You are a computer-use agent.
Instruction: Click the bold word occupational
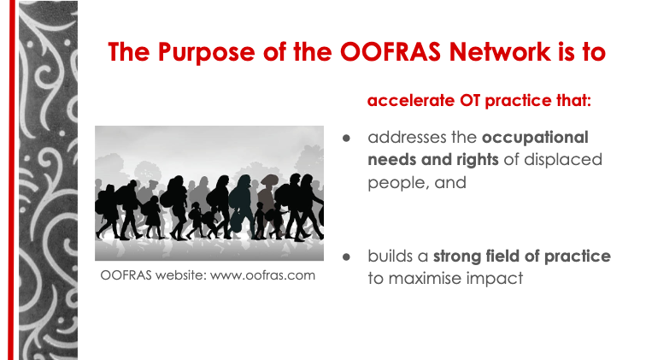click(x=535, y=137)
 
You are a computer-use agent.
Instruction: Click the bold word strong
click(x=461, y=256)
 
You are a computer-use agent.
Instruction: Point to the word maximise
click(x=426, y=278)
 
